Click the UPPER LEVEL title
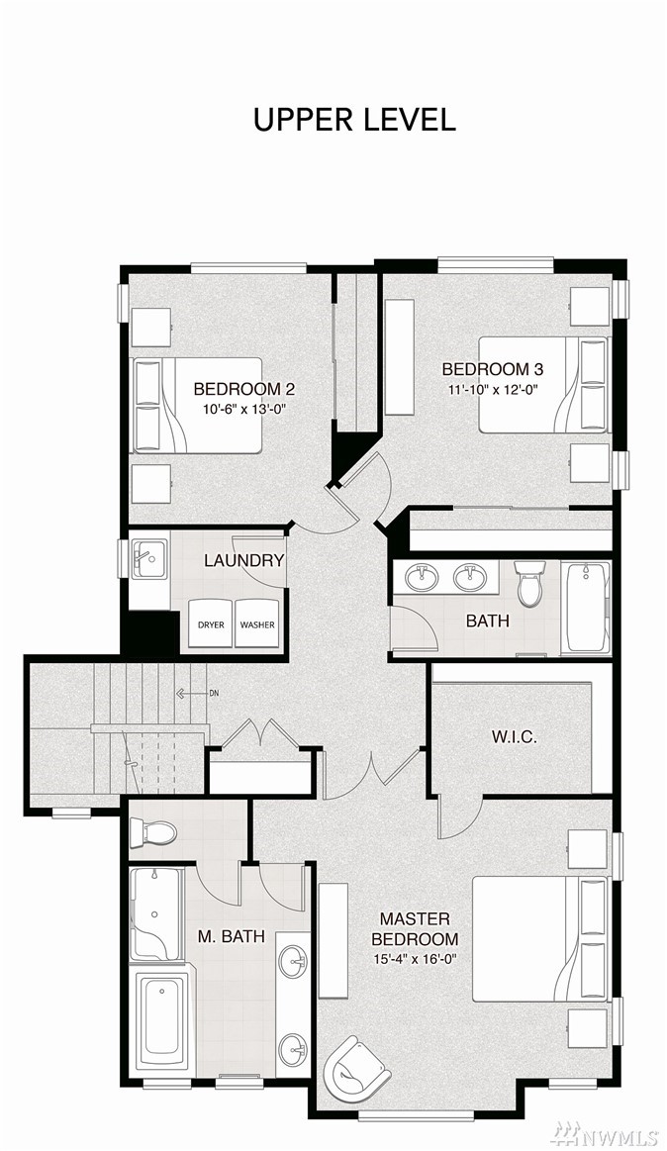(x=354, y=120)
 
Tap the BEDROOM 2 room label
(x=243, y=389)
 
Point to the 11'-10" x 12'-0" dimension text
(x=493, y=390)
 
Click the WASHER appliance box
(x=257, y=623)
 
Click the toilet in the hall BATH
(x=529, y=583)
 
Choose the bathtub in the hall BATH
(x=586, y=607)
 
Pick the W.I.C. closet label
(x=514, y=736)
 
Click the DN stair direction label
(x=214, y=693)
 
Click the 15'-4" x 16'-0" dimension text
(x=415, y=958)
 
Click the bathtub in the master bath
(x=162, y=1021)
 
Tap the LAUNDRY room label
(x=244, y=561)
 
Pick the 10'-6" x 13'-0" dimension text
(x=243, y=410)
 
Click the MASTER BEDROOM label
(x=415, y=928)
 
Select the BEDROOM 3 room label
(x=493, y=368)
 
